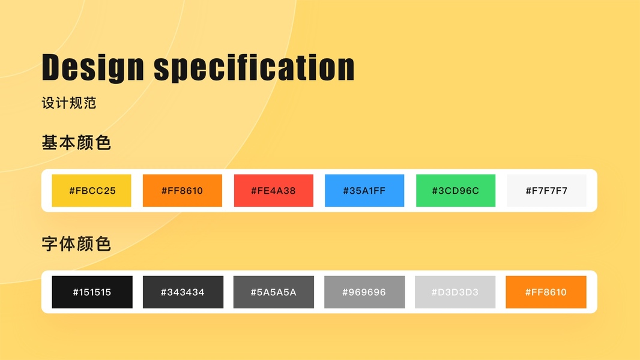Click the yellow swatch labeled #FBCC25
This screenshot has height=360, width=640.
91,190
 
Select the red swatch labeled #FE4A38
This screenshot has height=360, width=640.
273,190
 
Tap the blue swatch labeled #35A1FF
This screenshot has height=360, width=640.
364,190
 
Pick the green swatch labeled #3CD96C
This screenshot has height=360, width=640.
456,190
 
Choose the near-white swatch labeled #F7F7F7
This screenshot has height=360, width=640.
546,190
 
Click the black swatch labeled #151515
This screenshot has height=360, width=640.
92,292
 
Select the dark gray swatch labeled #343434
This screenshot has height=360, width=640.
183,292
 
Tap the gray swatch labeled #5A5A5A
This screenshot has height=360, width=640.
273,292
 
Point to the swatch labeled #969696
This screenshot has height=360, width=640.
364,292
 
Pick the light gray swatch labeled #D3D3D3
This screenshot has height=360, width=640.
455,292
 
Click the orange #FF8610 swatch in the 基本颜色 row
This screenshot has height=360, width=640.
183,190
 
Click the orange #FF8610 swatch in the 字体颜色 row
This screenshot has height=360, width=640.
546,292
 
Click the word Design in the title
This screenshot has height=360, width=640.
93,68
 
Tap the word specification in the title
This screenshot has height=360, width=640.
255,68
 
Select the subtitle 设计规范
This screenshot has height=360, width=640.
69,103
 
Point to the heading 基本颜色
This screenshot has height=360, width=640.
76,143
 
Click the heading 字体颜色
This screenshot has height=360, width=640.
76,244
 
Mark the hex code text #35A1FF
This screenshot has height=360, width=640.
364,191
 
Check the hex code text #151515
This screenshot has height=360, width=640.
92,292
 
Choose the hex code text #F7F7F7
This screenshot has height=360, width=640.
546,191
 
